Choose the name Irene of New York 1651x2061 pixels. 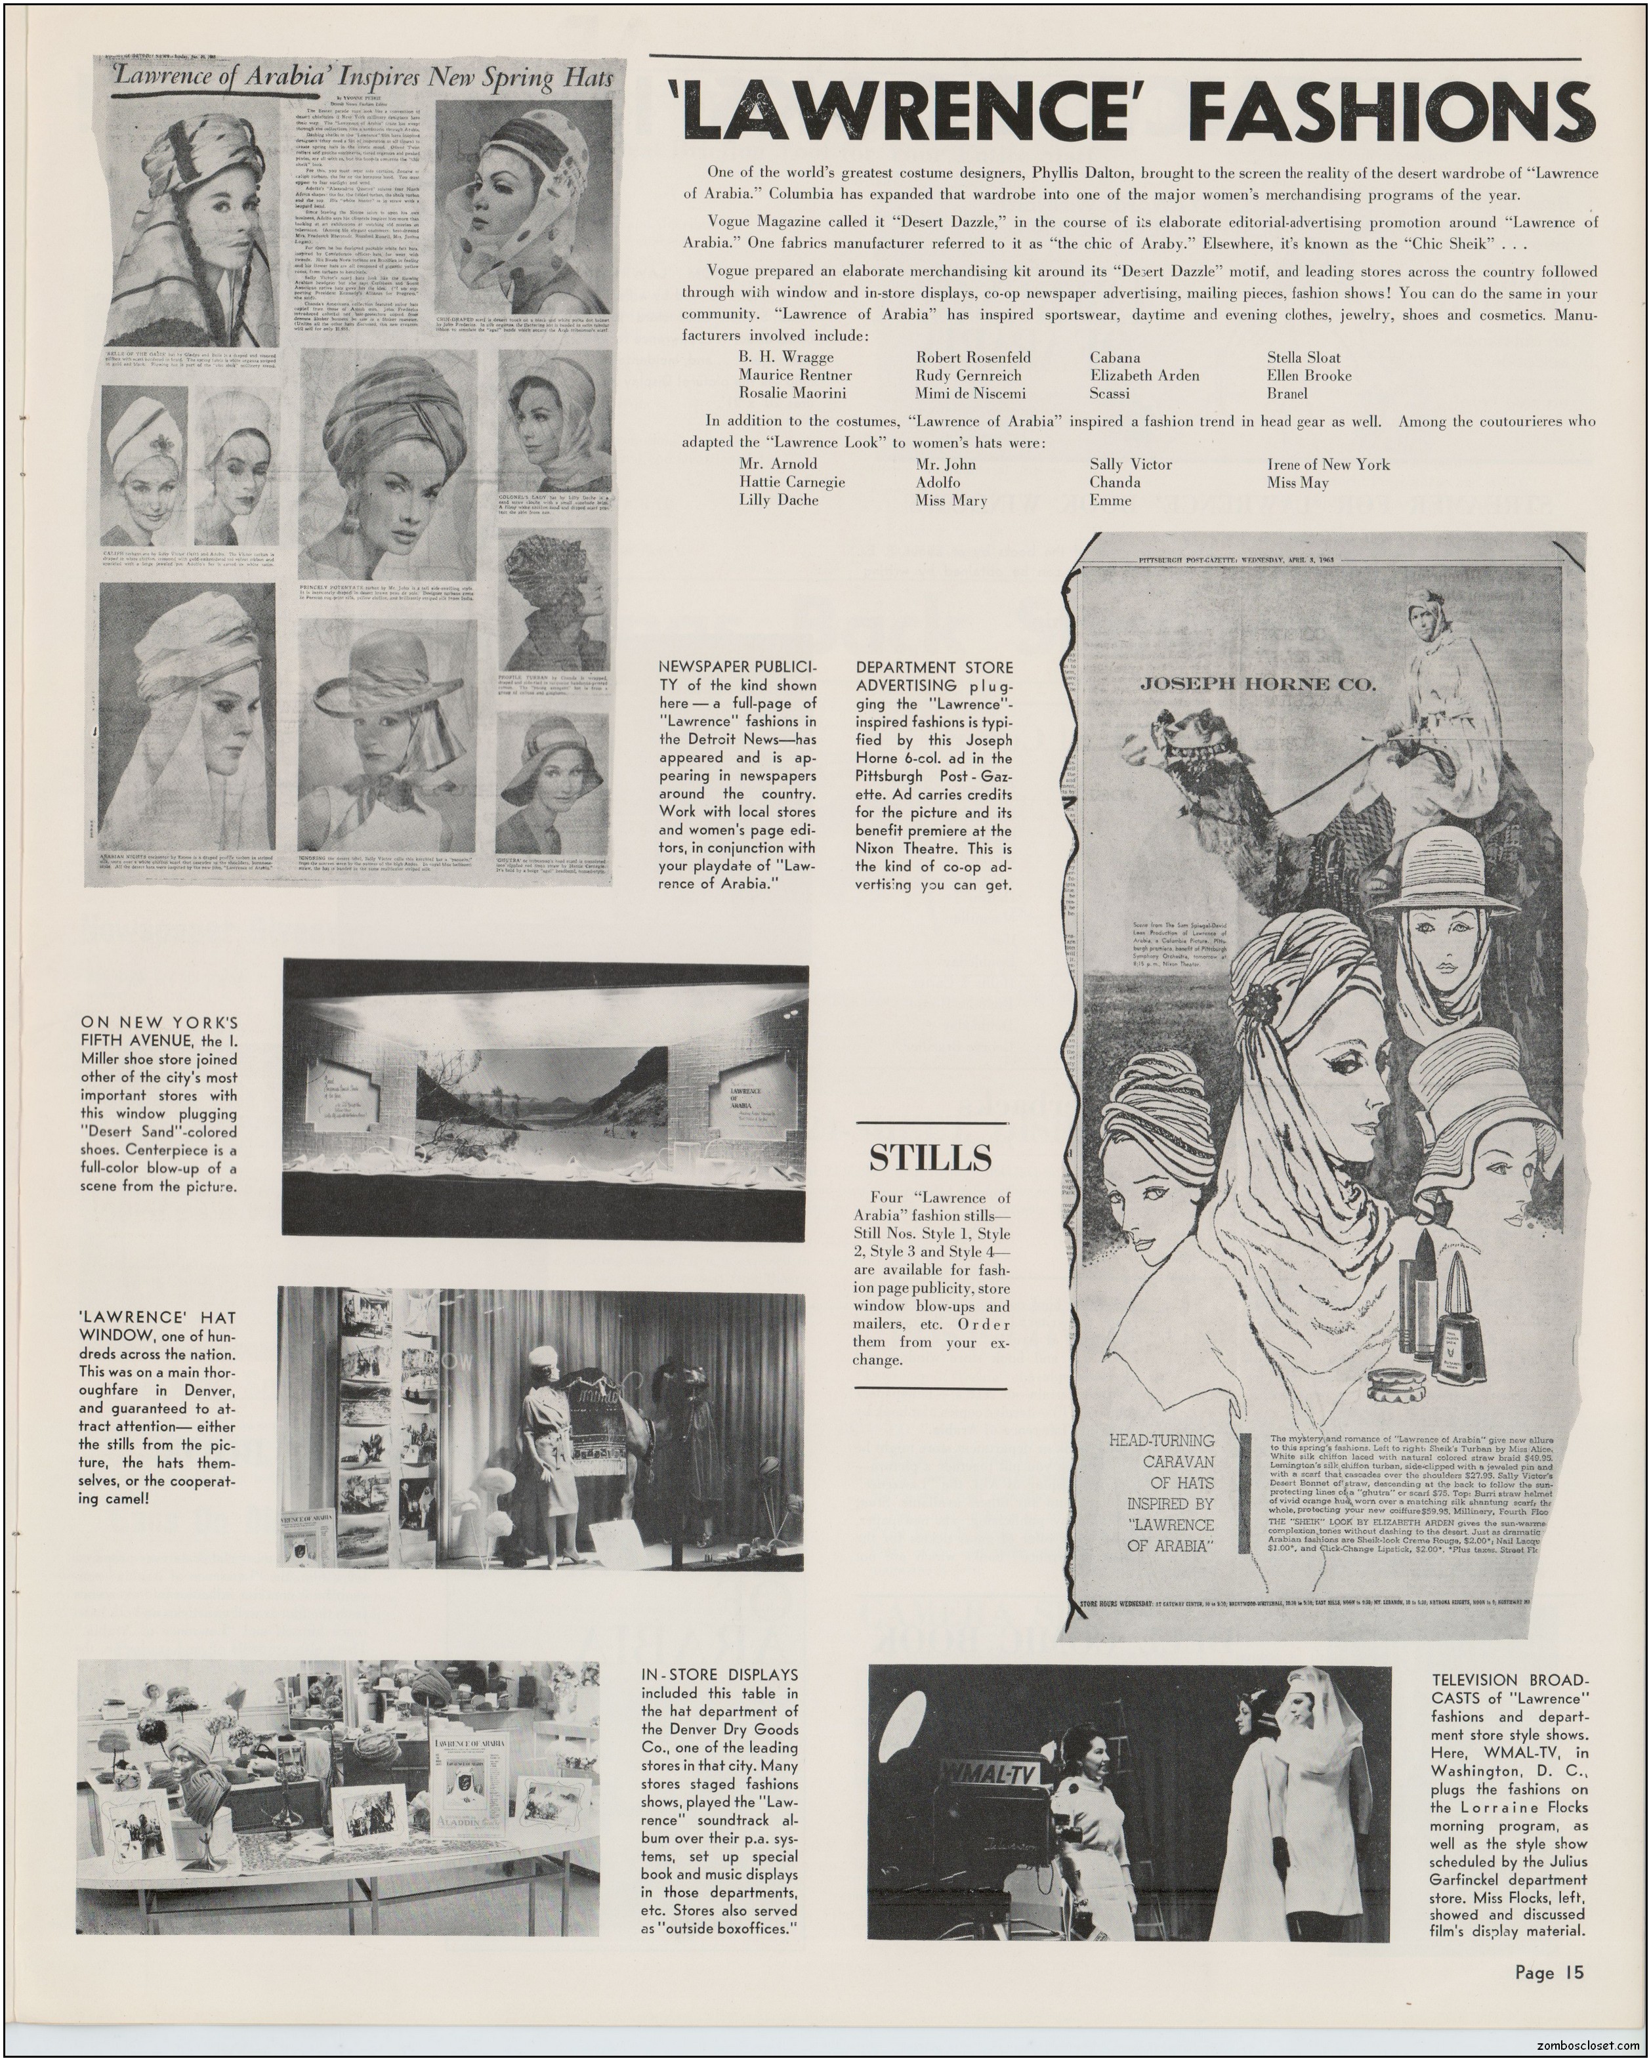click(x=1328, y=465)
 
